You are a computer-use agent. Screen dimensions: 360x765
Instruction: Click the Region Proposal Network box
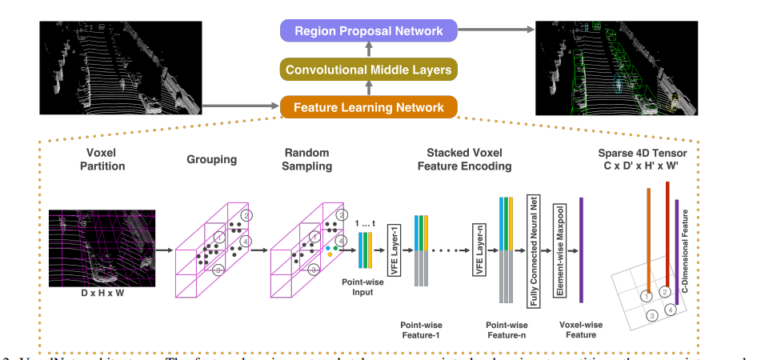point(368,31)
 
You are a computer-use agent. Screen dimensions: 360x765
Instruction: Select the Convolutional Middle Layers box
point(368,70)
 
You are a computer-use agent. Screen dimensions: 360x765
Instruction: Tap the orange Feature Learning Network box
point(368,107)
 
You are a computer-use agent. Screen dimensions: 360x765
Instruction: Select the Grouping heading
point(213,159)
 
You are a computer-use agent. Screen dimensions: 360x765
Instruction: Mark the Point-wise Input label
point(359,286)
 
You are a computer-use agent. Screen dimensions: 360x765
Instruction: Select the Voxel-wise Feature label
point(582,330)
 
